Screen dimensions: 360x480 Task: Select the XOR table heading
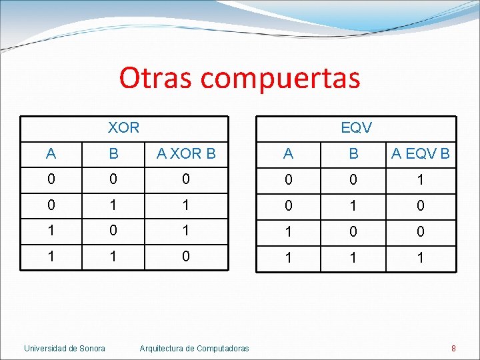point(123,127)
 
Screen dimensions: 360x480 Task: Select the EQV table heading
point(356,127)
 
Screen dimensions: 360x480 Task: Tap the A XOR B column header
point(186,153)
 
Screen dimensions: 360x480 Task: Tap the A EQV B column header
point(420,153)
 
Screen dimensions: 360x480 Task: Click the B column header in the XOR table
point(113,153)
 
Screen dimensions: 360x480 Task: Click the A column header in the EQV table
point(288,153)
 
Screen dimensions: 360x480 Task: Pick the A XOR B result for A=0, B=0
point(186,179)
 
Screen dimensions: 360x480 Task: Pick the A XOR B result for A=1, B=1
point(186,256)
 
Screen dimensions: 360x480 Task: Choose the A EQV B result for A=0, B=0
point(420,180)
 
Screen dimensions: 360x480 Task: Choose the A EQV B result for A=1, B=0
point(420,231)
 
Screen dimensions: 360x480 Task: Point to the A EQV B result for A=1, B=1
point(420,257)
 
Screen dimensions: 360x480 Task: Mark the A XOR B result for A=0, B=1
point(186,205)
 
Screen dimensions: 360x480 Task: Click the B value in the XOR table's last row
point(113,256)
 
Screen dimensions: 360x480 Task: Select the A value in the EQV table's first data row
point(288,180)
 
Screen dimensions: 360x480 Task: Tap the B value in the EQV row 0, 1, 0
point(353,205)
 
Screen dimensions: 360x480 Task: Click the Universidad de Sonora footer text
point(65,348)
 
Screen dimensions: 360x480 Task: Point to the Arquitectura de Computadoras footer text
point(194,348)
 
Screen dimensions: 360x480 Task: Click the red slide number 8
point(453,348)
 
